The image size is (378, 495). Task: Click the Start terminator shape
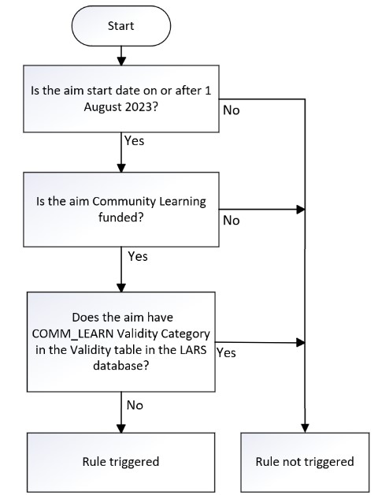[x=120, y=26]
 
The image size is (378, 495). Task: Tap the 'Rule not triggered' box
[x=306, y=461]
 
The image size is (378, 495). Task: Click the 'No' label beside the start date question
[x=232, y=110]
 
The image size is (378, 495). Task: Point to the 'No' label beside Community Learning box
[x=232, y=221]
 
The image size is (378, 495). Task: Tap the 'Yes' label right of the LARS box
[x=226, y=352]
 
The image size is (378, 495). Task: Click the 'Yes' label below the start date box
[x=134, y=140]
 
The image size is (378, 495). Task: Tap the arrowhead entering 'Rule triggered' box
[x=120, y=427]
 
